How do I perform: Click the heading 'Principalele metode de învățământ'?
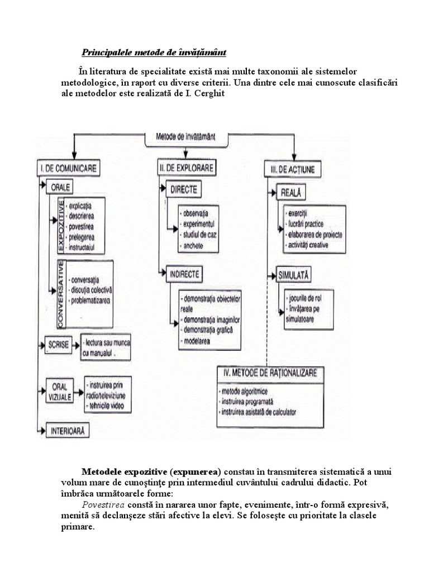(154, 53)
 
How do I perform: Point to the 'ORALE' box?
(60, 187)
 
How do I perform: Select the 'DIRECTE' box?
(184, 190)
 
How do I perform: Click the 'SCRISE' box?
(59, 345)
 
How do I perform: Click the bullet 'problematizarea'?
(90, 301)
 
